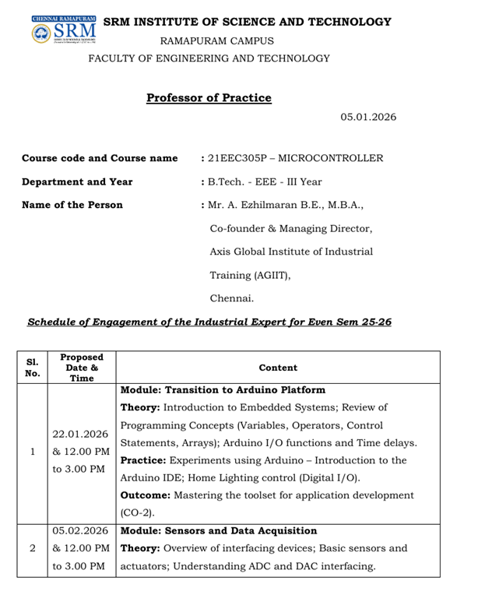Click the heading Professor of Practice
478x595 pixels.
coord(209,98)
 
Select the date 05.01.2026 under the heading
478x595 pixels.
coord(368,117)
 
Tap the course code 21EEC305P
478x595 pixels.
coord(238,158)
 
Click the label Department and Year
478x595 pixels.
coord(77,181)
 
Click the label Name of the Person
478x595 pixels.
coord(72,205)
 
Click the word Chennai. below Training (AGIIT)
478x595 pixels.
coord(232,298)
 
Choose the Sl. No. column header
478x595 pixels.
coord(32,367)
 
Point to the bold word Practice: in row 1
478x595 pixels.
coord(146,460)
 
